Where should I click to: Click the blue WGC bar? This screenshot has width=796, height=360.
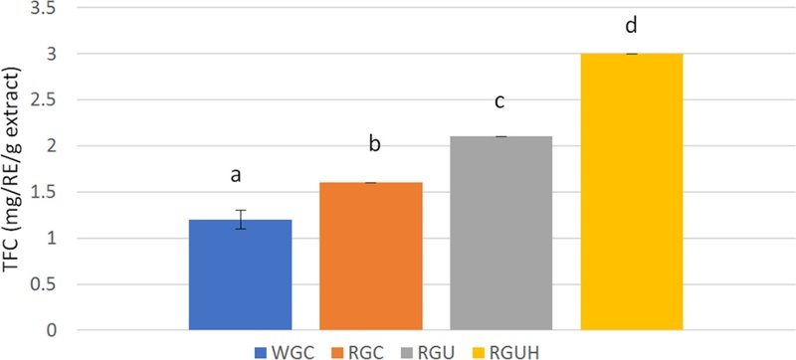[x=240, y=274]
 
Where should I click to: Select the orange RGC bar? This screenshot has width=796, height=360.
[x=370, y=257]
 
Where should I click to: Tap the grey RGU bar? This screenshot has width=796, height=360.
[x=500, y=233]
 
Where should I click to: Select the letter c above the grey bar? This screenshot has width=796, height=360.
[x=500, y=103]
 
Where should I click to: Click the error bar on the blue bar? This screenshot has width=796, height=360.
[x=240, y=220]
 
